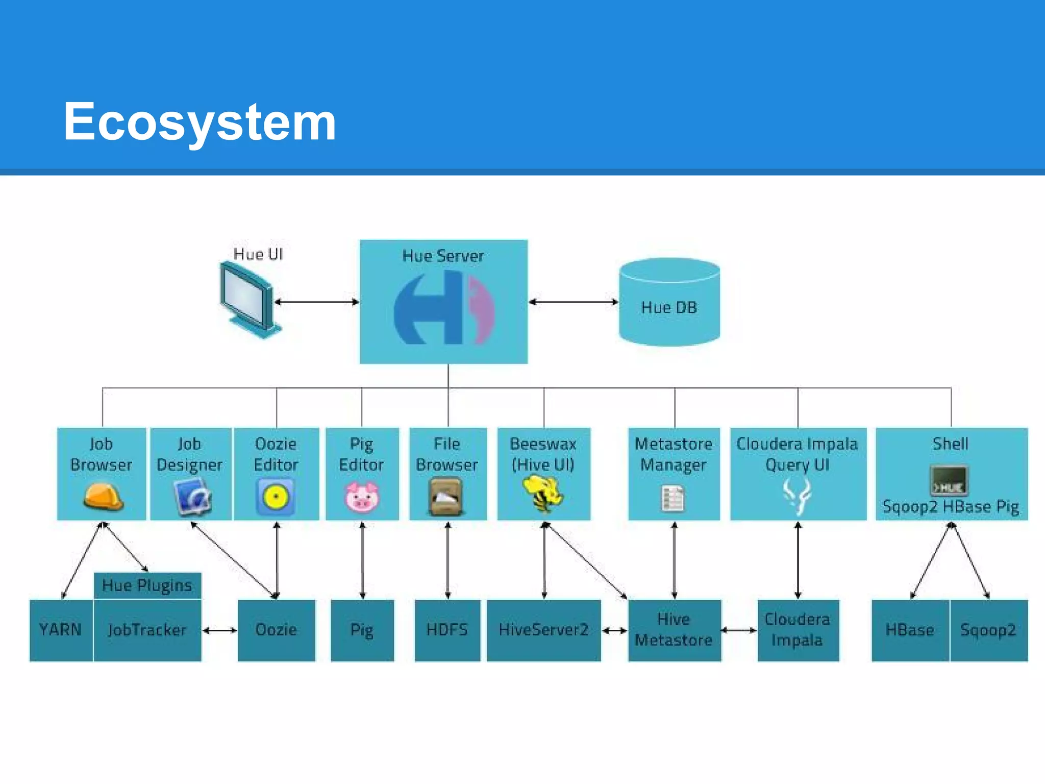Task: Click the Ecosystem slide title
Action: [x=200, y=121]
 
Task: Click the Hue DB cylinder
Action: [x=669, y=303]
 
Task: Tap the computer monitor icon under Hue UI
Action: [x=247, y=299]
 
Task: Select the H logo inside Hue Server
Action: [x=443, y=308]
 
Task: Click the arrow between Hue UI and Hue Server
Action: [x=316, y=302]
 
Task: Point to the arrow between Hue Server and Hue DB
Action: [x=573, y=302]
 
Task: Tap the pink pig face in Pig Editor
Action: [x=362, y=497]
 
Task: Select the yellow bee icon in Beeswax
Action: [x=543, y=493]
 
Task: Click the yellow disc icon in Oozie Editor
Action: [x=276, y=496]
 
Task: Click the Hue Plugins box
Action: [x=147, y=585]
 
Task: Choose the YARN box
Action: [x=61, y=630]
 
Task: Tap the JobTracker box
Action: [x=147, y=630]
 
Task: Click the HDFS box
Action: [x=447, y=630]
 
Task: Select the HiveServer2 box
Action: [x=543, y=630]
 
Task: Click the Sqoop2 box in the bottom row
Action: [x=988, y=630]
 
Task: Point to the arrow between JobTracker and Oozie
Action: [x=219, y=631]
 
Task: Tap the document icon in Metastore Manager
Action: [x=673, y=499]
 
